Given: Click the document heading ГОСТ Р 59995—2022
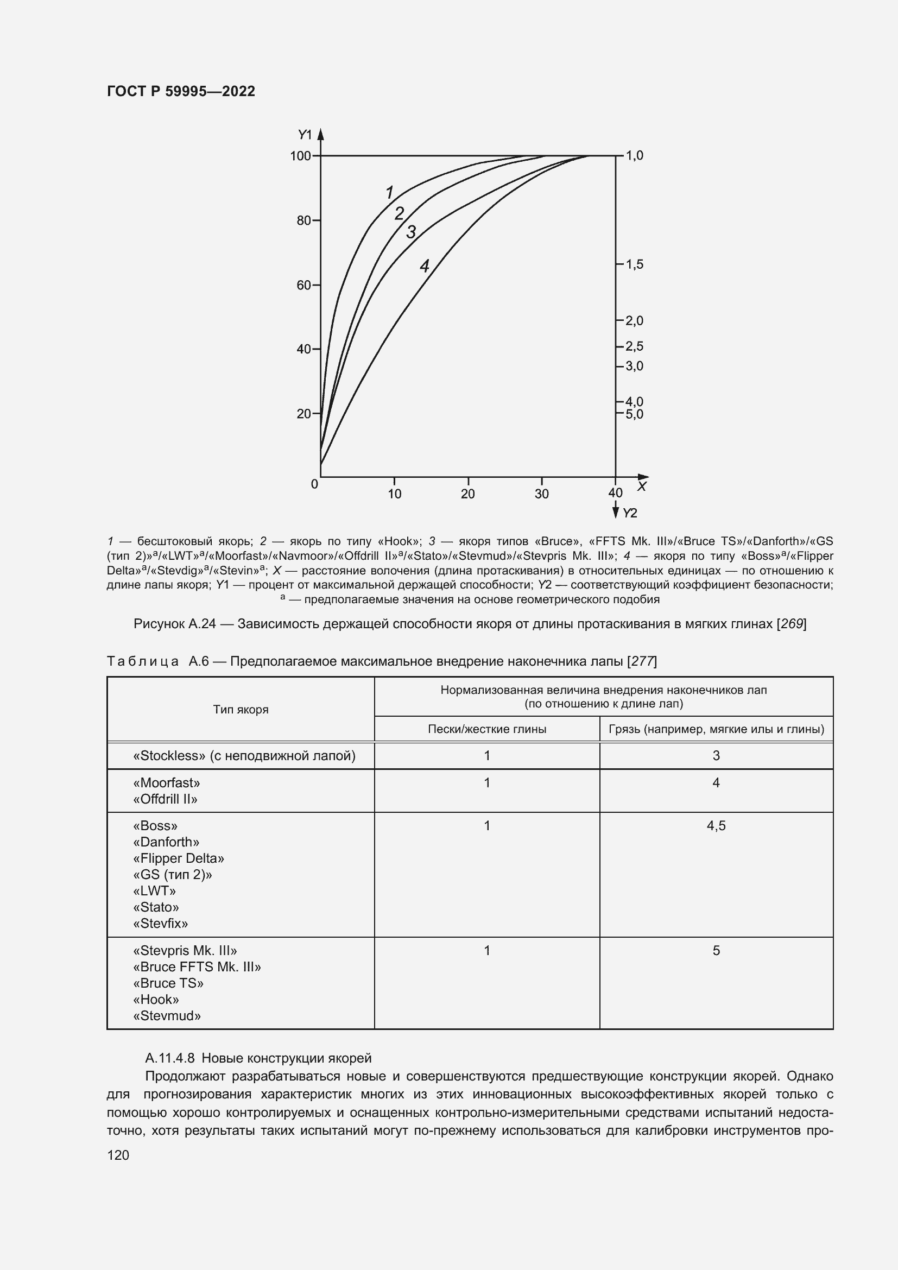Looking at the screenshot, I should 181,91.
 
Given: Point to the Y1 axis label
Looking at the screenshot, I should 305,135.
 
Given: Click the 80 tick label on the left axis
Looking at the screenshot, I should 303,220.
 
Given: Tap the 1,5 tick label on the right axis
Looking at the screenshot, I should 634,264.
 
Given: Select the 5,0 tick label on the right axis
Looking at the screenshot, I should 634,414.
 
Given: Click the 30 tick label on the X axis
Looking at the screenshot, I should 541,494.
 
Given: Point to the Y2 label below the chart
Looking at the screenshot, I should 630,513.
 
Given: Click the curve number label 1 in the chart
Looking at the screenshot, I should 389,193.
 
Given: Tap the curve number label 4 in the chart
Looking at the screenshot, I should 424,267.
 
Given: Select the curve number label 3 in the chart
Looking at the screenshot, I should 411,232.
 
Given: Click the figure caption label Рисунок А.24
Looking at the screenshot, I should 174,624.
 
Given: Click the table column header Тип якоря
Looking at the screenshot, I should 241,710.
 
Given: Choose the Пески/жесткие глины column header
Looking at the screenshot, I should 486,729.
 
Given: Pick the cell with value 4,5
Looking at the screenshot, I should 716,826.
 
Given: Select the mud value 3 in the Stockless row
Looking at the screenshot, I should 716,756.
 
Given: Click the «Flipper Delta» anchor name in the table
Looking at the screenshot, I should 179,858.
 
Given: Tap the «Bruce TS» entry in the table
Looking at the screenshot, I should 168,983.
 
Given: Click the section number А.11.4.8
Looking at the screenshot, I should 170,1058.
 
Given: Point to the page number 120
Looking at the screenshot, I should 118,1155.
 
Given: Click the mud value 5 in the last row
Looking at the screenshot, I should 716,951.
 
